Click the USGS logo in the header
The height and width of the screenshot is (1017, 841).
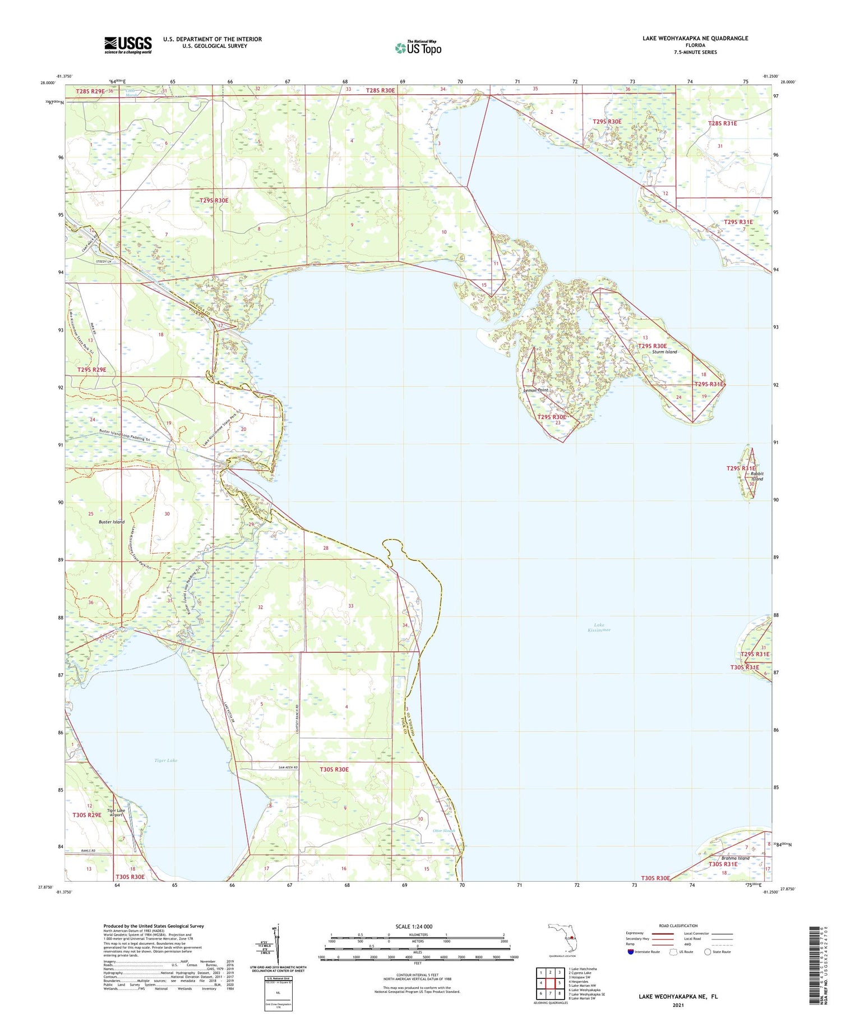pos(128,45)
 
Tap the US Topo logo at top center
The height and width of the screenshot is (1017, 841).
pos(418,48)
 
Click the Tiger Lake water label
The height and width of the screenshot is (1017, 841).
pos(166,760)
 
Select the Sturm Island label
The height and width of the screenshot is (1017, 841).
pos(664,352)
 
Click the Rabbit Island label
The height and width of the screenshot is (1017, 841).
pos(757,476)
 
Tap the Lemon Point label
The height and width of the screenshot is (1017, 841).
pos(535,390)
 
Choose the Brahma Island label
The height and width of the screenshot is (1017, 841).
pos(735,858)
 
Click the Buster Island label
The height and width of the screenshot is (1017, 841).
pos(112,522)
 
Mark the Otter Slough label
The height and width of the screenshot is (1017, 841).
pos(445,831)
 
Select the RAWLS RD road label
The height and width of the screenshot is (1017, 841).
pos(75,850)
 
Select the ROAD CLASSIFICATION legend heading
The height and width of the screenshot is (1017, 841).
pos(678,926)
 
